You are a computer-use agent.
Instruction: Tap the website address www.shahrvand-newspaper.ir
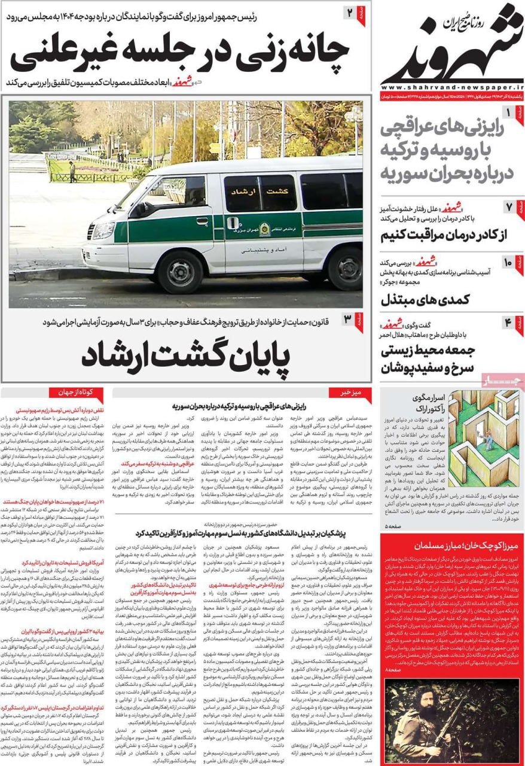(x=452, y=87)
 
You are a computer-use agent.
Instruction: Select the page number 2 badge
(x=350, y=13)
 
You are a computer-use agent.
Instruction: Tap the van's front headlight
(x=103, y=230)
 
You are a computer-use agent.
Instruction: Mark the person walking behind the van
(x=72, y=172)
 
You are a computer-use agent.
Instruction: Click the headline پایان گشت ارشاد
(x=185, y=355)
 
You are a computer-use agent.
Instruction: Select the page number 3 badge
(x=348, y=320)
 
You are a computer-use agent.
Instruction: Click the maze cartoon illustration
(x=484, y=438)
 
